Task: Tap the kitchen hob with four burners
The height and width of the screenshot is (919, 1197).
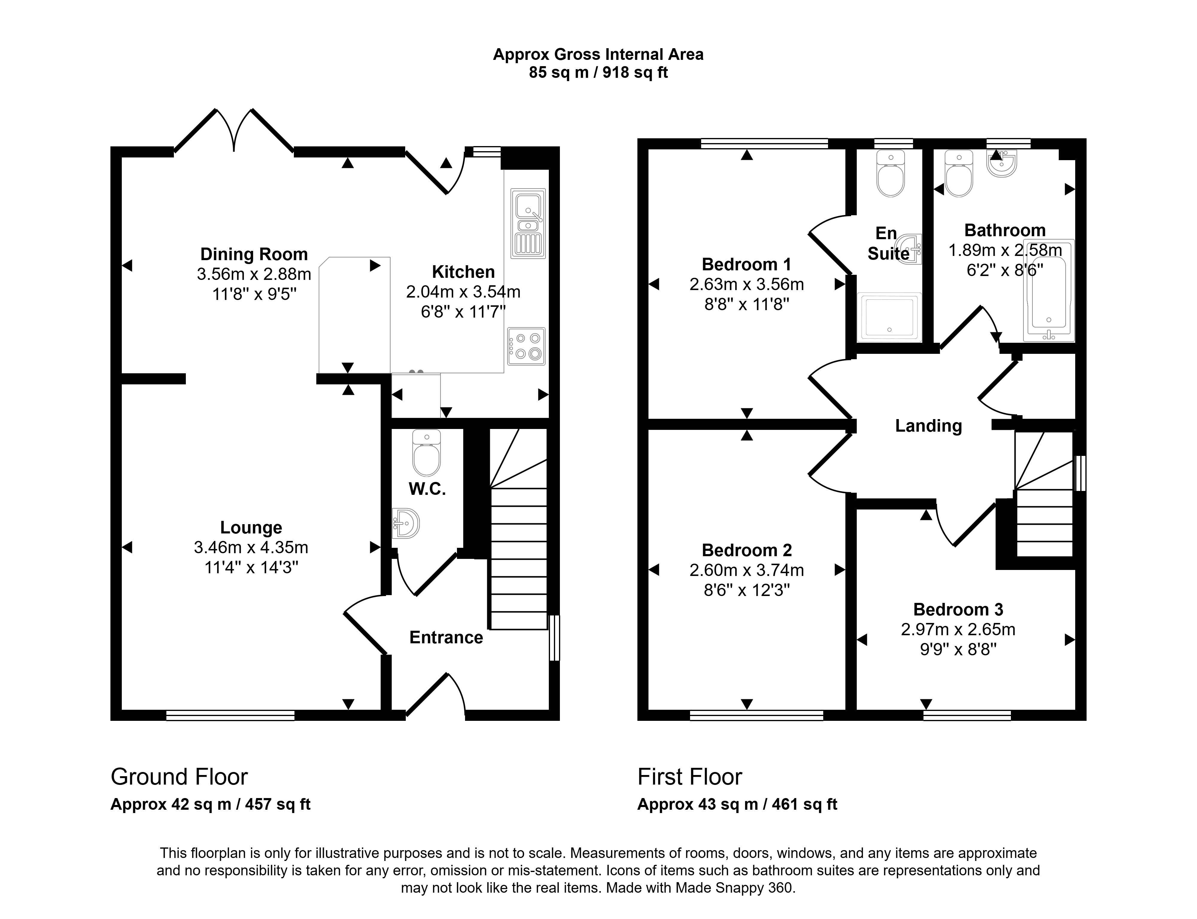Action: (526, 346)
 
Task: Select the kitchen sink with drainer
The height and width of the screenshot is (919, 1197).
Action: (528, 223)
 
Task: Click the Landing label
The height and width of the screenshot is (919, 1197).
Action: (929, 426)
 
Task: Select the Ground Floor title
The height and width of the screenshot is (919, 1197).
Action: (179, 777)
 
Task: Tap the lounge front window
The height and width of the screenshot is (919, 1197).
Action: (230, 715)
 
